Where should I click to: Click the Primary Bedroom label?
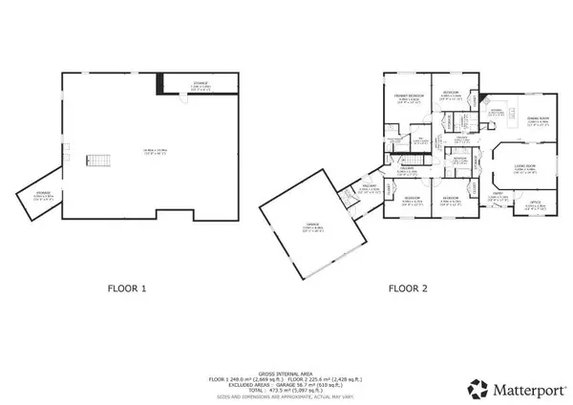point(408,98)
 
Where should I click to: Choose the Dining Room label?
point(538,121)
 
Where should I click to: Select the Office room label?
point(536,203)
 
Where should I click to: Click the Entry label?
point(499,196)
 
